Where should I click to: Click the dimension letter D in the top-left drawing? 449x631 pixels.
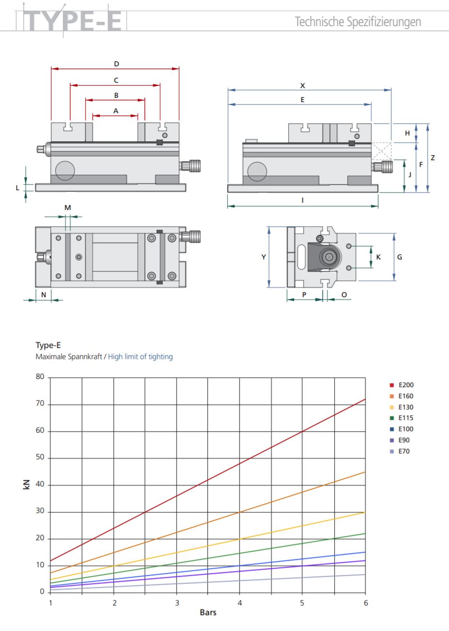116,63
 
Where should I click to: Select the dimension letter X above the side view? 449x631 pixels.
303,85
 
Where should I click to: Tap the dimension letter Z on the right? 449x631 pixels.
433,158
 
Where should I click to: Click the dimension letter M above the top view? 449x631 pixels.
68,208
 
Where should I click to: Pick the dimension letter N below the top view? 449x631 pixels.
44,294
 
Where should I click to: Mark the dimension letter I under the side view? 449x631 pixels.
303,200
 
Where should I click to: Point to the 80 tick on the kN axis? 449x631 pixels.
40,377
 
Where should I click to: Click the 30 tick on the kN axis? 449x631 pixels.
40,511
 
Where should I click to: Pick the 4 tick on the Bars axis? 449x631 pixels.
239,603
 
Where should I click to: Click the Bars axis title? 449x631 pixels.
208,613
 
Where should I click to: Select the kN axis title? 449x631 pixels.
27,484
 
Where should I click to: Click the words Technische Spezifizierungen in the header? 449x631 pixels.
358,22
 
